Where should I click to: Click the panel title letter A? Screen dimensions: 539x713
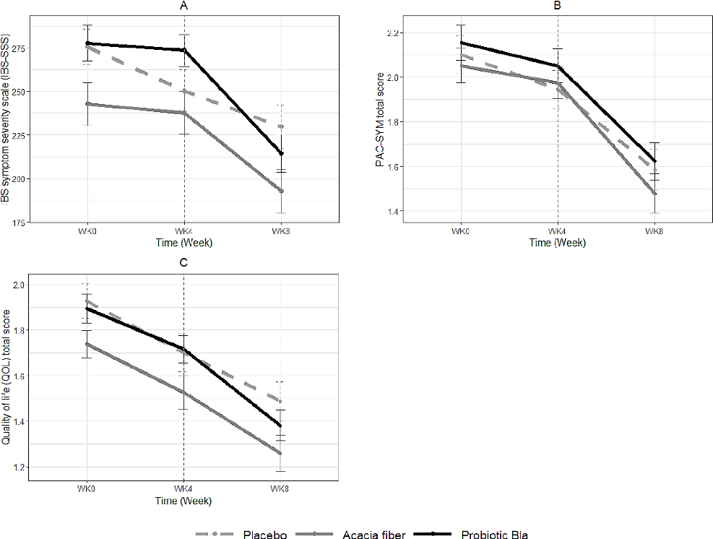pos(183,7)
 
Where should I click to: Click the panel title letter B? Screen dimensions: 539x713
pos(557,7)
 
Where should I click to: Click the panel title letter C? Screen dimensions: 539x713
pos(183,262)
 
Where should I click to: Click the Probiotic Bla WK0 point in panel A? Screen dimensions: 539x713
pos(87,43)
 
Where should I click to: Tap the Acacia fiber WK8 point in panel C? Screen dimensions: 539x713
pos(280,453)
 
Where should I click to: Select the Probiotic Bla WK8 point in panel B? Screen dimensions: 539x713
pos(654,161)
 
